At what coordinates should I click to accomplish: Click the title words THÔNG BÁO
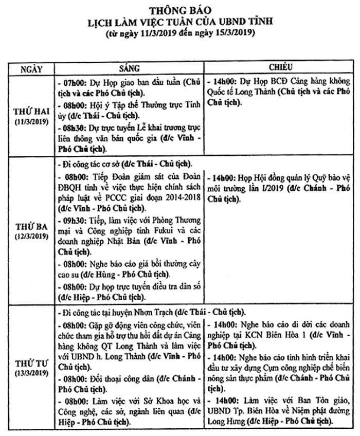click(179, 10)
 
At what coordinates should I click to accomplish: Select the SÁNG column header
click(130, 68)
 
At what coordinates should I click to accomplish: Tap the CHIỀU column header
click(280, 68)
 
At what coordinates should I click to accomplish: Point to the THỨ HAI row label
click(30, 112)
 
